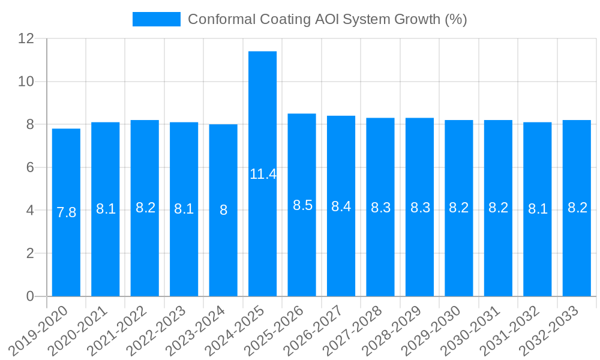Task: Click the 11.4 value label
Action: (x=263, y=174)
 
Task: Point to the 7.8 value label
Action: (x=66, y=212)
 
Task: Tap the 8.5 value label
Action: (x=302, y=205)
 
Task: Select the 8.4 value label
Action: (x=341, y=206)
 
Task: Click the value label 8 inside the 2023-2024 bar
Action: (x=223, y=210)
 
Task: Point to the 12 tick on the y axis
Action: (x=26, y=38)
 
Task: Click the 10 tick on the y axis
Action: (x=26, y=82)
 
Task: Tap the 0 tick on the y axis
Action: (x=30, y=296)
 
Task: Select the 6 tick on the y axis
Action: (x=30, y=167)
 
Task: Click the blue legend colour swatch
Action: (x=156, y=19)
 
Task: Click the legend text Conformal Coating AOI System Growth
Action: (x=327, y=19)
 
